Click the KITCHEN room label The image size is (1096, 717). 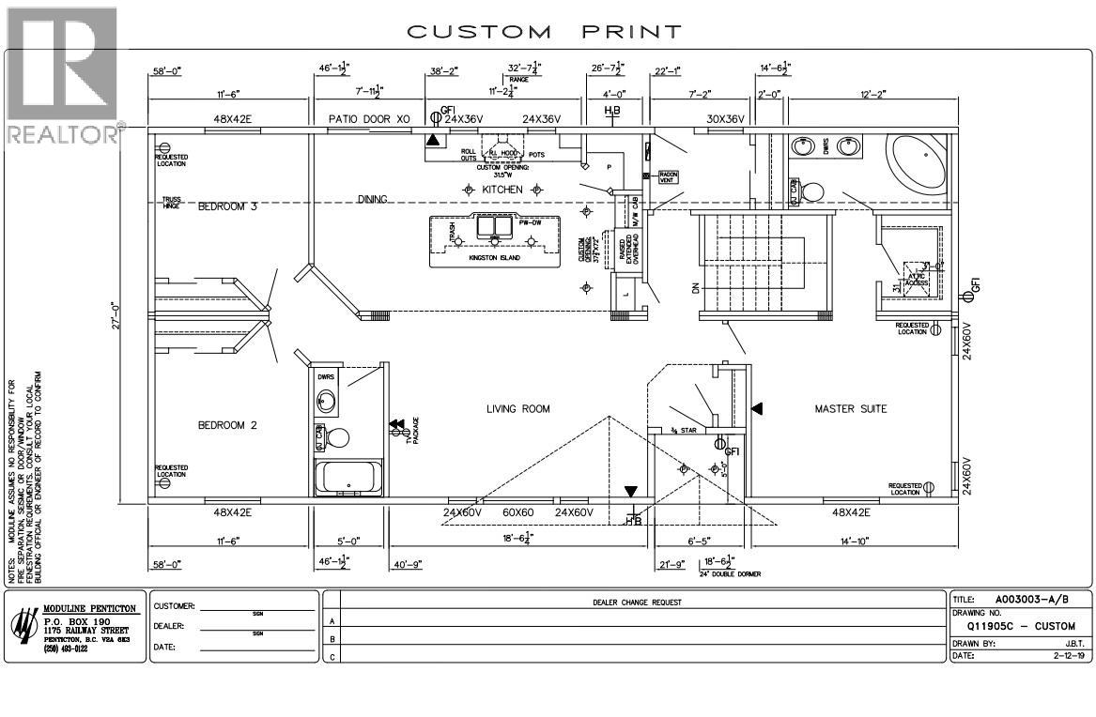pyautogui.click(x=502, y=190)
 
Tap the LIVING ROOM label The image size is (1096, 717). pyautogui.click(x=517, y=409)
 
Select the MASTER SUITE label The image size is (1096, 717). pyautogui.click(x=851, y=409)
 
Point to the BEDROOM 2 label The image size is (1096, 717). pyautogui.click(x=227, y=425)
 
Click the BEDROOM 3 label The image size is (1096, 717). pyautogui.click(x=227, y=206)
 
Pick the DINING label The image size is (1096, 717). pyautogui.click(x=374, y=199)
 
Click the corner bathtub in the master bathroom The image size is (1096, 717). pyautogui.click(x=918, y=164)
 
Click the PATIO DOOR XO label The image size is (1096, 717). pyautogui.click(x=369, y=119)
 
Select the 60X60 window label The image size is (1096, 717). pyautogui.click(x=518, y=512)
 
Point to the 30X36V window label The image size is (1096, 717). pyautogui.click(x=725, y=119)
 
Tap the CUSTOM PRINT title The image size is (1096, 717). pyautogui.click(x=544, y=32)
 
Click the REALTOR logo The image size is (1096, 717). pyautogui.click(x=61, y=75)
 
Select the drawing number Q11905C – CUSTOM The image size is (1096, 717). pyautogui.click(x=1020, y=626)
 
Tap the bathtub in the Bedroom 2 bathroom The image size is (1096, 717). pyautogui.click(x=348, y=477)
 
